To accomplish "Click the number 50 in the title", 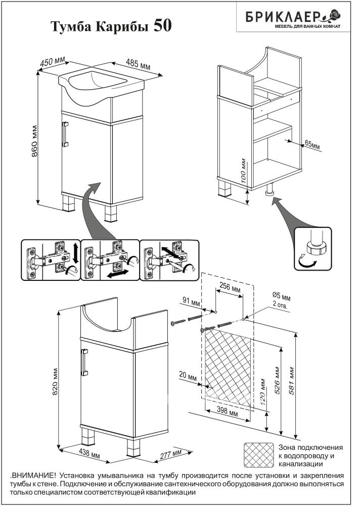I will pyautogui.click(x=162, y=26).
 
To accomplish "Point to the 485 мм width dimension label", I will pyautogui.click(x=138, y=65).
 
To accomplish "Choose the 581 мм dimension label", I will pyautogui.click(x=292, y=375).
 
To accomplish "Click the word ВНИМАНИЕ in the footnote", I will pyautogui.click(x=32, y=476).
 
